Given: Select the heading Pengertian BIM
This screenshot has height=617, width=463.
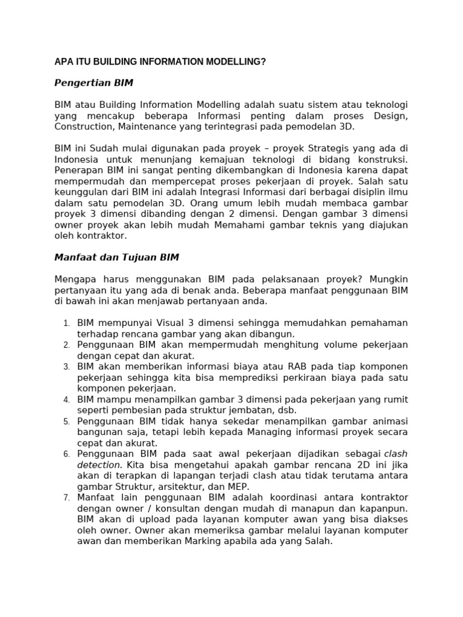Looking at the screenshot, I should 93,83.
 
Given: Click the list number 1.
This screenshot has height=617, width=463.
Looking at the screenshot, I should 66,324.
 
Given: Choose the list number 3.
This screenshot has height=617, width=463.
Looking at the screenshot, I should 66,367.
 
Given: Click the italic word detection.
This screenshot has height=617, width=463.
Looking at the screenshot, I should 99,465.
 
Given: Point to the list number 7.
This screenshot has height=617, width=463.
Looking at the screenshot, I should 66,498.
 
